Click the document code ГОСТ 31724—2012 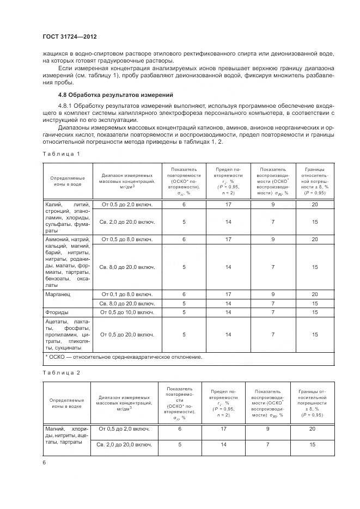click(x=72, y=36)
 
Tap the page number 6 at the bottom click(x=45, y=462)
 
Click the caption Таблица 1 click(x=61, y=154)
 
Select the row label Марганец click(x=58, y=293)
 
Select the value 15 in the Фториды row click(x=315, y=312)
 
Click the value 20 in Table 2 click(x=312, y=429)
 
